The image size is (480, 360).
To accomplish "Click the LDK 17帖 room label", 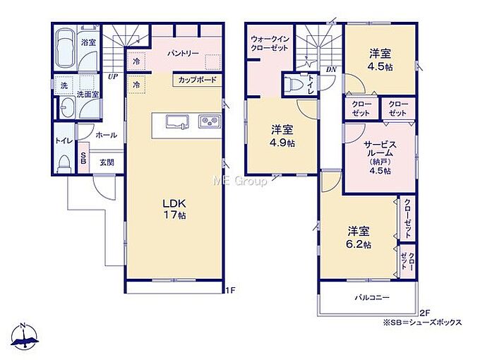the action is pos(174,209).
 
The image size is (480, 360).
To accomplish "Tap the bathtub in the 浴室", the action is pos(65,48).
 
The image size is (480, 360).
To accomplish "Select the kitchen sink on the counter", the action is pos(176,122).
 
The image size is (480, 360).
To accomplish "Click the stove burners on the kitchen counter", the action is pos(210,121).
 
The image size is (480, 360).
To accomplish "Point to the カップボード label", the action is pos(198,80).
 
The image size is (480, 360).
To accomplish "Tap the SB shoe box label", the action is pos(83,158).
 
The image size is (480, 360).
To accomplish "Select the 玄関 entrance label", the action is pos(107,162).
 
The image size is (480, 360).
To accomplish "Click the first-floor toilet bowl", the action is pos(64,163).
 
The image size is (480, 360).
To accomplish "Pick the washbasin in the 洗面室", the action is pos(67,107).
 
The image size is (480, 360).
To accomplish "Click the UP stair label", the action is pos(113,76).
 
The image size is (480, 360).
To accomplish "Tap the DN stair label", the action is pos(331,69).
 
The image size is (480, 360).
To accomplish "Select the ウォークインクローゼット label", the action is pos(270,44).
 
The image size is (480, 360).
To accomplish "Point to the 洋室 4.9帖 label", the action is pos(282,136).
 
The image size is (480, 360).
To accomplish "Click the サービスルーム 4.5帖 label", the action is pos(380,157).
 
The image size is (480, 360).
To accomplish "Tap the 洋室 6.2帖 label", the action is pos(359,237).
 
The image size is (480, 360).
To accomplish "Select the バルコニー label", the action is pos(372,297).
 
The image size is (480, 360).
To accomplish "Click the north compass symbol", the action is pos(24,336).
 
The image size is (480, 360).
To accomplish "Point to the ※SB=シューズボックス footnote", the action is pos(422,323).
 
